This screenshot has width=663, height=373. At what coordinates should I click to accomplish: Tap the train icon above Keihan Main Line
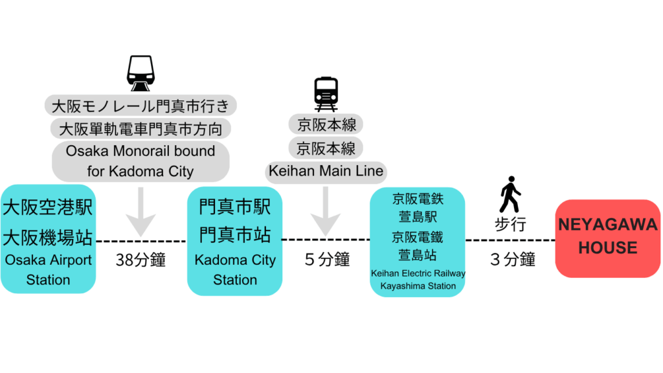[x=326, y=94]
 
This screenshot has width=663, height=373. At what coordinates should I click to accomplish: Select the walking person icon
[x=510, y=194]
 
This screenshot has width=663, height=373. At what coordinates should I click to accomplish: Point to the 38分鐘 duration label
[x=140, y=260]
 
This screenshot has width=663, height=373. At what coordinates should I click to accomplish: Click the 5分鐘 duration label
[x=327, y=260]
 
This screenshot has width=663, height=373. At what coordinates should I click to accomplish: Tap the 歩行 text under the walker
[x=510, y=225]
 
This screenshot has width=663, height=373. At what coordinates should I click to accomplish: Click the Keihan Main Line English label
[x=326, y=172]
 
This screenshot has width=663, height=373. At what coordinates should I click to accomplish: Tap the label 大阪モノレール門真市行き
[x=140, y=105]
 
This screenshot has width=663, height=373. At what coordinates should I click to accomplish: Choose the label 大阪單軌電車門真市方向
[x=140, y=129]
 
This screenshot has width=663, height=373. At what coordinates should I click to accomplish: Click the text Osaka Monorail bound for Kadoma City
[x=140, y=161]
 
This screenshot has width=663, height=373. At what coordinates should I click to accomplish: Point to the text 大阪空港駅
[x=48, y=208]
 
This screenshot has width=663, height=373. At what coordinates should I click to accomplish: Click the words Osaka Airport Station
[x=48, y=270]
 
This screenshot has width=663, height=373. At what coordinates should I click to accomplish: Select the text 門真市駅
[x=234, y=208]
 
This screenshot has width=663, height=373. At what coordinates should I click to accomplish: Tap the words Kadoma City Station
[x=234, y=270]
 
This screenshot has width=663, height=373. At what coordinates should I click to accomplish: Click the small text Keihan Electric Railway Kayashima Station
[x=418, y=280]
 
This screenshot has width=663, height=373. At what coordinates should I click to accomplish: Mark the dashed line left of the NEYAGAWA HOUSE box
[x=510, y=240]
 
